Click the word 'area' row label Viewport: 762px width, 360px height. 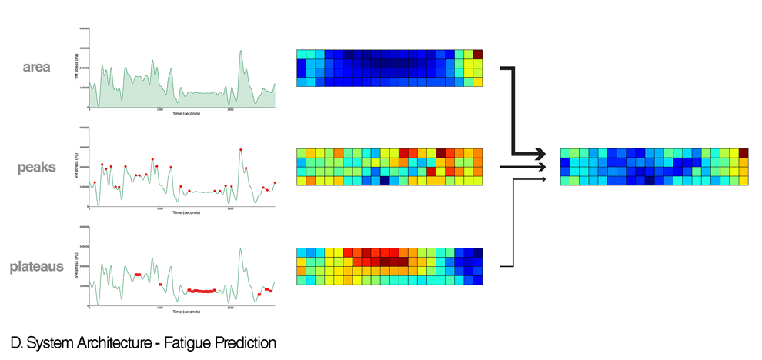pyautogui.click(x=37, y=67)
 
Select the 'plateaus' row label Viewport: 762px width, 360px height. pyautogui.click(x=36, y=267)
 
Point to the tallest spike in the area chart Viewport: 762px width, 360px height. pyautogui.click(x=240, y=52)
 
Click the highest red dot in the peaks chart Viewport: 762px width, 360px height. pyautogui.click(x=240, y=150)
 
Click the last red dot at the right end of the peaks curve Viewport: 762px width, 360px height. pyautogui.click(x=274, y=183)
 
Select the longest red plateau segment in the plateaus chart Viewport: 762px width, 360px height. pyautogui.click(x=202, y=291)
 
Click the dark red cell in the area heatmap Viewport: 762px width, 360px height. pyautogui.click(x=477, y=54)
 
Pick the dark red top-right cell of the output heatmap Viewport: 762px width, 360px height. pyautogui.click(x=743, y=152)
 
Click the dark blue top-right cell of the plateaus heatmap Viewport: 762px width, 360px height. pyautogui.click(x=477, y=252)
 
